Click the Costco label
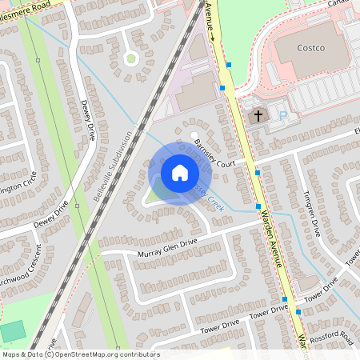pos(310,48)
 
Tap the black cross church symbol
pos(258,116)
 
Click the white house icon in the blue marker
pos(179,172)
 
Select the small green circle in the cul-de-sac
pos(130,58)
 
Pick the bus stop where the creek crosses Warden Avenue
pos(258,206)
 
